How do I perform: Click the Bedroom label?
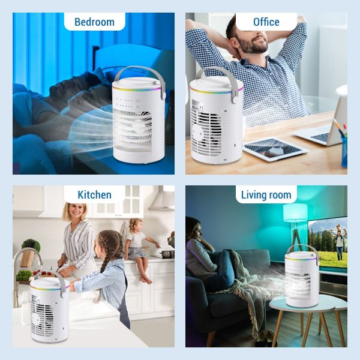coord(94,22)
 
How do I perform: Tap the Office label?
coord(266,22)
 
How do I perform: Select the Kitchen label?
coord(94,194)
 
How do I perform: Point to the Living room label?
coord(266,194)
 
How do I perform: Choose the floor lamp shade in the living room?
coord(295,214)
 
